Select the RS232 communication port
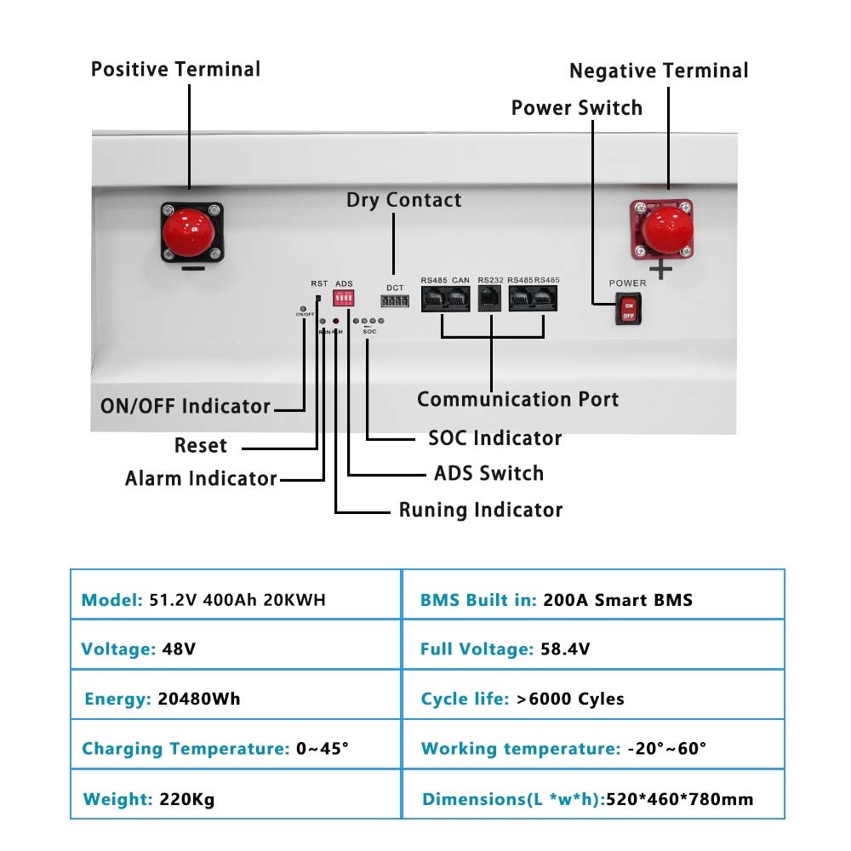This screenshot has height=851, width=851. point(491,299)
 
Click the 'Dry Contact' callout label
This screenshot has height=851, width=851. point(403,200)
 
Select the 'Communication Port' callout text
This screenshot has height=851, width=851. point(517,399)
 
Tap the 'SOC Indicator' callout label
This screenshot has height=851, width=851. point(494,438)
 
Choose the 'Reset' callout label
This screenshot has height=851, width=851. point(201,445)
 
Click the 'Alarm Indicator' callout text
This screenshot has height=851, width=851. point(201,478)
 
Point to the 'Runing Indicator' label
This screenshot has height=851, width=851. point(481,510)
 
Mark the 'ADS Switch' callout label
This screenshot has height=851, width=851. point(488,473)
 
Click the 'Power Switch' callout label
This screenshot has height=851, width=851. point(576,108)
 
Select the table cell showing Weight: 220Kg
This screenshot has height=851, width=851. point(235,799)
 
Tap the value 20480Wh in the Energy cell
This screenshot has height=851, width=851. point(199,699)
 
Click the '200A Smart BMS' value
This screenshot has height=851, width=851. point(617,600)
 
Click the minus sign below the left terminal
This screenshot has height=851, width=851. point(192,269)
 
